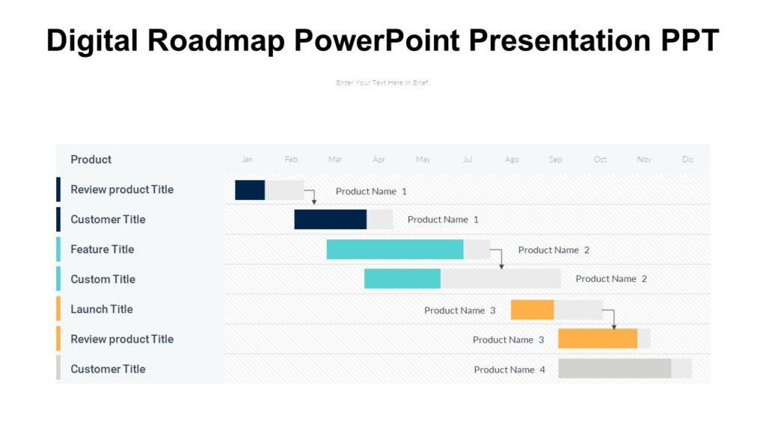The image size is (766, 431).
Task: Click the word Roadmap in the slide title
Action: tap(216, 40)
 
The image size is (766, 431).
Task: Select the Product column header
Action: tap(91, 159)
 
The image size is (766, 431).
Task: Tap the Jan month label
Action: tap(247, 159)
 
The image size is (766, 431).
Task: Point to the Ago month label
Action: tap(512, 159)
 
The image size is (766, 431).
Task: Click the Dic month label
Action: tap(687, 159)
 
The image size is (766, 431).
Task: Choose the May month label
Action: tap(423, 159)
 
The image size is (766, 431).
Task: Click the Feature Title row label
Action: tap(102, 249)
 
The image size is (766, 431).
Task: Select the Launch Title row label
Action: tap(102, 309)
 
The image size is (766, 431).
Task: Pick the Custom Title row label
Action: tap(103, 279)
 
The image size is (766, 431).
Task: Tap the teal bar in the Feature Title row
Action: tap(394, 249)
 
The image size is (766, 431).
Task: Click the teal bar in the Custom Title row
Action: tap(402, 278)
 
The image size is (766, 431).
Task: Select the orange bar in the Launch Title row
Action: tap(532, 309)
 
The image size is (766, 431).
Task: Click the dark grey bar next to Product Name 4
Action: tap(614, 368)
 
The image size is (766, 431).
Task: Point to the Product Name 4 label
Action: tap(509, 370)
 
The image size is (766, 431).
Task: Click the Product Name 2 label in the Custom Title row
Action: tap(611, 279)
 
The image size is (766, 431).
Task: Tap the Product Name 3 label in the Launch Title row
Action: tap(459, 311)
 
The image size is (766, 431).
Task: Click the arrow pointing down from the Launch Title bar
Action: tap(613, 319)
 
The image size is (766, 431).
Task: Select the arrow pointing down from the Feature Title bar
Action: tap(500, 259)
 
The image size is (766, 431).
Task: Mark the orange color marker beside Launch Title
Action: tap(58, 309)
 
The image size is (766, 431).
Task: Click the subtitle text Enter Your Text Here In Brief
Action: tap(383, 82)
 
